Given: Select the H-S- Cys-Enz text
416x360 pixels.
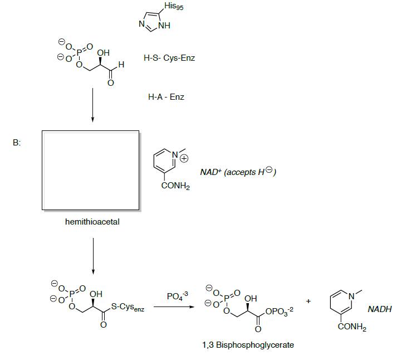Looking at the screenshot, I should pyautogui.click(x=169, y=59).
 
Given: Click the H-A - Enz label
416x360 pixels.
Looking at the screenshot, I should pyautogui.click(x=166, y=97).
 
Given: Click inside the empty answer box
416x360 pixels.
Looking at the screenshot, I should pyautogui.click(x=90, y=169).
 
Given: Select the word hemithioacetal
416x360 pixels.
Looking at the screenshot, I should pyautogui.click(x=92, y=222).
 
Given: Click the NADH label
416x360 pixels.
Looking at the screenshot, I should pyautogui.click(x=379, y=309).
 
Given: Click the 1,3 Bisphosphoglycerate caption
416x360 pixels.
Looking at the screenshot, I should pyautogui.click(x=248, y=345).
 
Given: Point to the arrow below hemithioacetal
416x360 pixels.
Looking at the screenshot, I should pyautogui.click(x=92, y=254).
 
